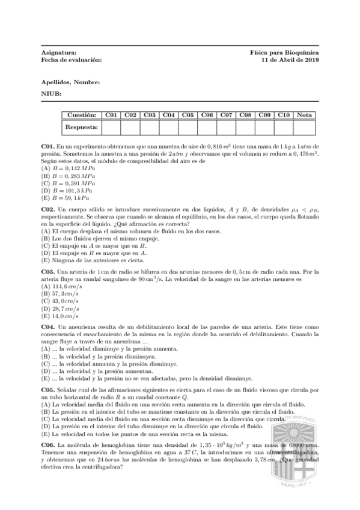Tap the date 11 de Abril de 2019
click(290, 60)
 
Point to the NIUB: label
click(51, 94)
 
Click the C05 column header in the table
click(188, 114)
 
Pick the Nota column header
click(304, 114)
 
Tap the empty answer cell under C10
click(284, 127)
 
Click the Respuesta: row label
click(81, 127)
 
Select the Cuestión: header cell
click(81, 114)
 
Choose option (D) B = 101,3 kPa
click(68, 190)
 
